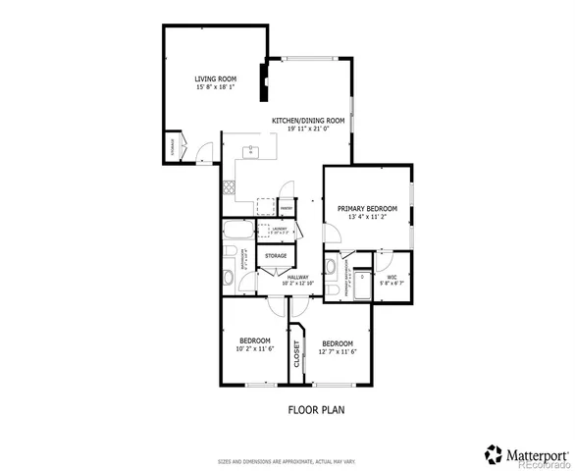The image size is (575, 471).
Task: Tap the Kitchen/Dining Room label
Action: pyautogui.click(x=308, y=121)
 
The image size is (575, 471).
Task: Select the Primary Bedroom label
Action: pyautogui.click(x=367, y=208)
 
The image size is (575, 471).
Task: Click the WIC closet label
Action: pyautogui.click(x=391, y=278)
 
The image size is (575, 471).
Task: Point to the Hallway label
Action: pyautogui.click(x=298, y=278)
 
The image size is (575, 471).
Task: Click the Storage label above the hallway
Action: pyautogui.click(x=276, y=255)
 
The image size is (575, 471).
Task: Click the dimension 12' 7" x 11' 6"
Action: pyautogui.click(x=338, y=351)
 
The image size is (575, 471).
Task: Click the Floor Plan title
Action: pyautogui.click(x=315, y=409)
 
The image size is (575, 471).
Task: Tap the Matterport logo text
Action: pyautogui.click(x=536, y=453)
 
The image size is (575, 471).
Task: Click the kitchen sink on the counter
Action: pyautogui.click(x=251, y=151)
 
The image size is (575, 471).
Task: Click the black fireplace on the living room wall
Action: pyautogui.click(x=262, y=81)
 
